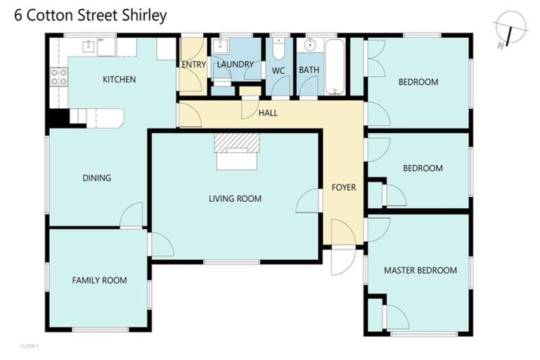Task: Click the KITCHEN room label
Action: point(119,79)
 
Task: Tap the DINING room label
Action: point(96,178)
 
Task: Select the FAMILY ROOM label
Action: point(100,281)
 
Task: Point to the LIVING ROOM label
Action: point(235,199)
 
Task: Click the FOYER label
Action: point(344,188)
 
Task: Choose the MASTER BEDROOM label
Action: point(420,270)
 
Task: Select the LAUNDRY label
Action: point(235,65)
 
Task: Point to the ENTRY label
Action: point(193,65)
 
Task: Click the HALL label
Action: point(268,112)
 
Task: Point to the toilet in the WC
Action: point(278,49)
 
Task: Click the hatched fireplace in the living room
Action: point(237,143)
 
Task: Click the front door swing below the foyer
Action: point(342,261)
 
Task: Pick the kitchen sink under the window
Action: point(89,46)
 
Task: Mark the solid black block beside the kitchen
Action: point(58,118)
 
